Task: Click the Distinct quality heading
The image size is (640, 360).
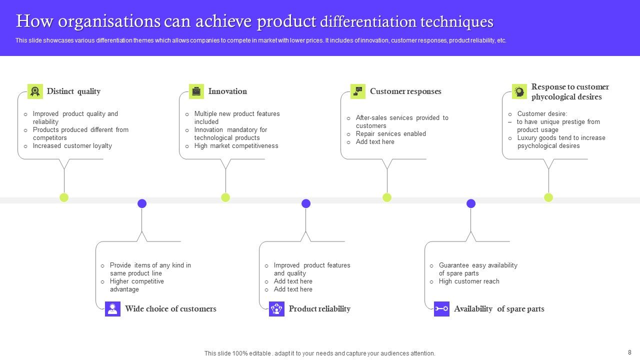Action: (73, 91)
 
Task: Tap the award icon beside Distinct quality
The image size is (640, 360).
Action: (35, 91)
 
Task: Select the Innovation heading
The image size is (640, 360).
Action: (227, 91)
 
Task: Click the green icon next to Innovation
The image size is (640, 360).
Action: (196, 91)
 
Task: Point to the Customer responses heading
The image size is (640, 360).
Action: (405, 91)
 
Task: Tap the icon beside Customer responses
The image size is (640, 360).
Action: (358, 91)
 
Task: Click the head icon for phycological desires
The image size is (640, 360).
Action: (519, 91)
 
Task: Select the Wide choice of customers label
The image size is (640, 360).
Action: (170, 308)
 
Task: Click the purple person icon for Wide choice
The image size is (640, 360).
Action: (113, 309)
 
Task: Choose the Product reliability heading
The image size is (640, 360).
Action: (319, 308)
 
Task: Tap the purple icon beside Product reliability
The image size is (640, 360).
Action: (276, 309)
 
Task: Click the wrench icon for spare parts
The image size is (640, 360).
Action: (441, 309)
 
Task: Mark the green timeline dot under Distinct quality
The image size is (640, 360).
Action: (64, 197)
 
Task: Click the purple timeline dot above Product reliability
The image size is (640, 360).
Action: (306, 203)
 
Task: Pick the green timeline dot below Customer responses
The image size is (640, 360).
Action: (387, 197)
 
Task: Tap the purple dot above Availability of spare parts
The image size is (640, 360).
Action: (471, 203)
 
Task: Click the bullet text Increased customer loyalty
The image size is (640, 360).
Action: (72, 146)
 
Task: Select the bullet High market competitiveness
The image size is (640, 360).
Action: (236, 146)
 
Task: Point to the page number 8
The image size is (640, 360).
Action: (629, 352)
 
